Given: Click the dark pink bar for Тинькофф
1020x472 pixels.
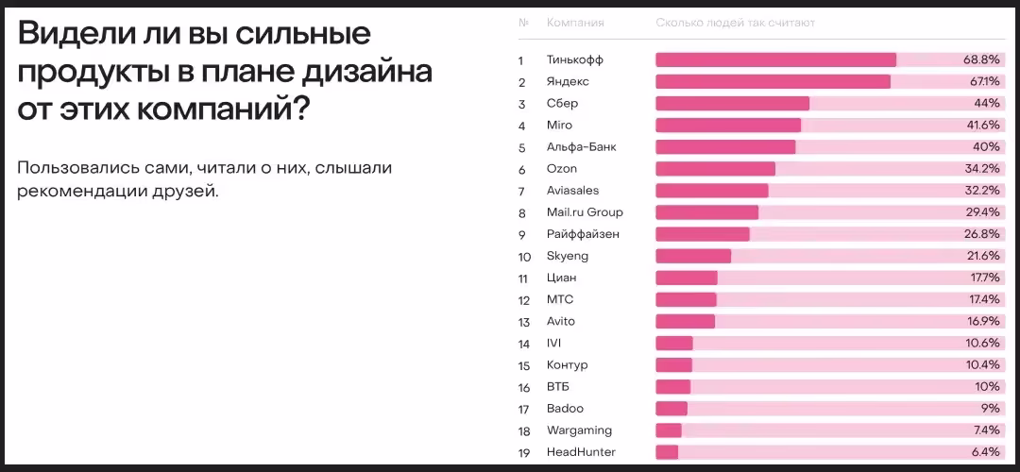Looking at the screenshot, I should [x=775, y=60].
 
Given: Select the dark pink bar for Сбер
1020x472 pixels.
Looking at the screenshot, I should [x=732, y=104].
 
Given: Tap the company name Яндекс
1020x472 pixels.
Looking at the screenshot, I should [x=568, y=82].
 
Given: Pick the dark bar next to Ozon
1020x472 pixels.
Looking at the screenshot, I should [x=715, y=169].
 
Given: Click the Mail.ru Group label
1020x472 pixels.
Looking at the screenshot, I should [x=585, y=212].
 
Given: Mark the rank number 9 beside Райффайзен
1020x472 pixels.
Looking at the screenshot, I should [x=521, y=234].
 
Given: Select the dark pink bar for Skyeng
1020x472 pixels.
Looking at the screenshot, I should [x=693, y=256].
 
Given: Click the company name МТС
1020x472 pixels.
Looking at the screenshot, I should [x=560, y=299].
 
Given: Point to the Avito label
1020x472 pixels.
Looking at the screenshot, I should [x=561, y=322].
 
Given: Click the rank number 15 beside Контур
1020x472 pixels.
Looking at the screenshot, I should [x=524, y=365].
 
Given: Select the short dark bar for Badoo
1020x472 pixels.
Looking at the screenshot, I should [x=671, y=409].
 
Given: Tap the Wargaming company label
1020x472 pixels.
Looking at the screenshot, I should [x=579, y=430].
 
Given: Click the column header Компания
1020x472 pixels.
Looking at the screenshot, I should [x=575, y=23].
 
